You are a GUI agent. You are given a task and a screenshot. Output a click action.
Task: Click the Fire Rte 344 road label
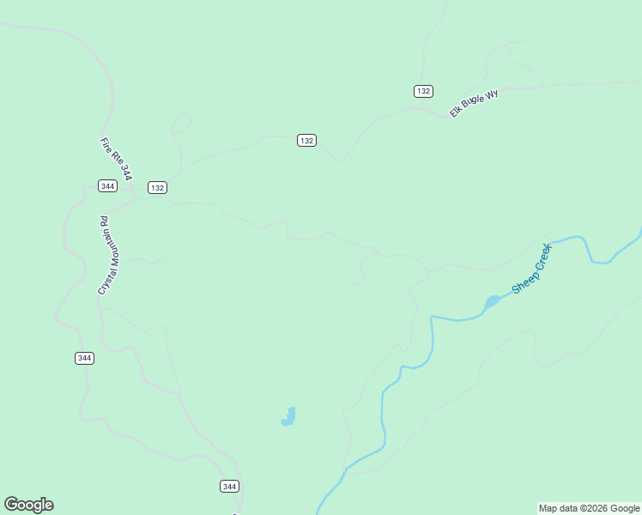[x=116, y=159]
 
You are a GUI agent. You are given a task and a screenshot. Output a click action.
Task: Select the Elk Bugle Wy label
[x=474, y=103]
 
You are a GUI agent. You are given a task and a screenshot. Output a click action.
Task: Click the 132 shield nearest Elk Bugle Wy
[x=423, y=91]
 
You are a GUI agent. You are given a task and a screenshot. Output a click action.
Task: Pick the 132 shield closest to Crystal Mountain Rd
[x=157, y=187]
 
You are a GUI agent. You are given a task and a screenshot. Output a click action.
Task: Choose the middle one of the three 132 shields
[x=307, y=140]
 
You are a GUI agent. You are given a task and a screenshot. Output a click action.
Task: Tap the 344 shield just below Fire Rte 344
[x=107, y=185]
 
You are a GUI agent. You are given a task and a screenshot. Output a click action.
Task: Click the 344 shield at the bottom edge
[x=229, y=486]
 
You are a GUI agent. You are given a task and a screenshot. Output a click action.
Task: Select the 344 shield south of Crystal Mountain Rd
[x=84, y=358]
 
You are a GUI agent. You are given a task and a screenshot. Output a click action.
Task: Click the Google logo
[x=28, y=505]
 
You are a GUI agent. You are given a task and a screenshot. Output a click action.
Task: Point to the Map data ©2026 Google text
[x=588, y=508]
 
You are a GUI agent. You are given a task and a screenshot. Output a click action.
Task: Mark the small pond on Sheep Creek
[x=492, y=301]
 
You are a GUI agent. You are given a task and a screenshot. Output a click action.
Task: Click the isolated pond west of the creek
[x=289, y=417]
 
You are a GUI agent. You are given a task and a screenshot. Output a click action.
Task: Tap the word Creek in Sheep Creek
[x=542, y=257]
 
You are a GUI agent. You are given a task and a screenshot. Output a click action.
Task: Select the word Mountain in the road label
[x=106, y=246]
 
